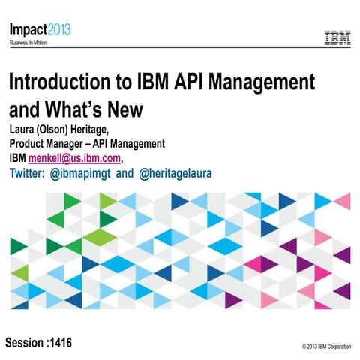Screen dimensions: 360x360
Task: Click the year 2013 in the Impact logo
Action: coord(61,29)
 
